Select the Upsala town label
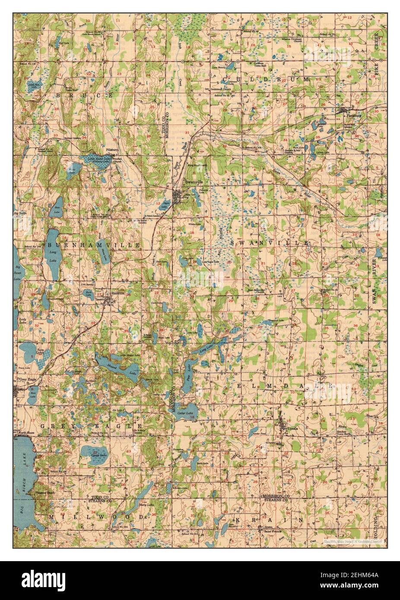(290, 427)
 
